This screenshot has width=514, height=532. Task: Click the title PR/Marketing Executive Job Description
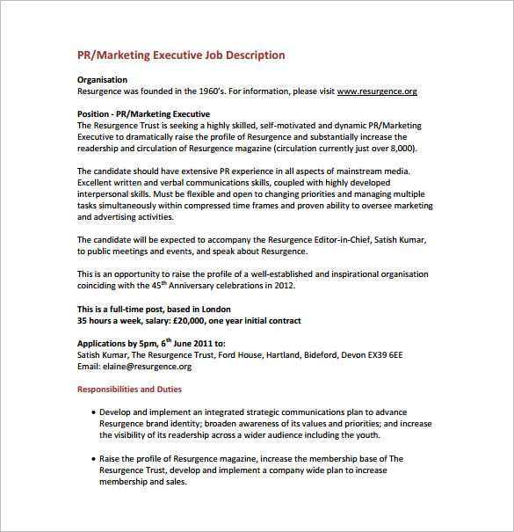181,55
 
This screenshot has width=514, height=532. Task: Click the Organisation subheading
102,80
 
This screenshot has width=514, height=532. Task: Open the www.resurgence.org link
377,91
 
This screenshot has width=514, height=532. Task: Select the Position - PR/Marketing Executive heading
143,114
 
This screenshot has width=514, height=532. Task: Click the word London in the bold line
215,309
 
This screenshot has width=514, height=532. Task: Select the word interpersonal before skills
105,194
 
